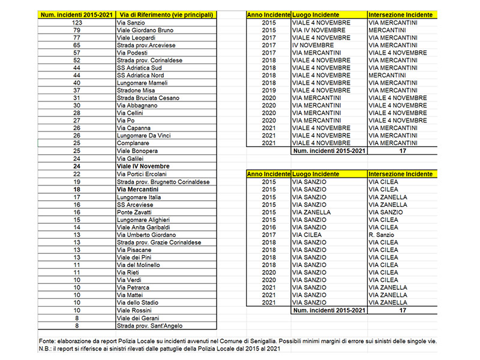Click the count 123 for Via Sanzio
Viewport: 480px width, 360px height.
[x=76, y=22]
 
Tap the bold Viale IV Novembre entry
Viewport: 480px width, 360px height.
[x=143, y=166]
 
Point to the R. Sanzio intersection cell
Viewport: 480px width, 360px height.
[x=383, y=235]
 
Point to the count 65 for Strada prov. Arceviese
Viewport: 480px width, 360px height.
[x=76, y=45]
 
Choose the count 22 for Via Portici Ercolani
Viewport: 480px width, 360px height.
[x=76, y=174]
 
